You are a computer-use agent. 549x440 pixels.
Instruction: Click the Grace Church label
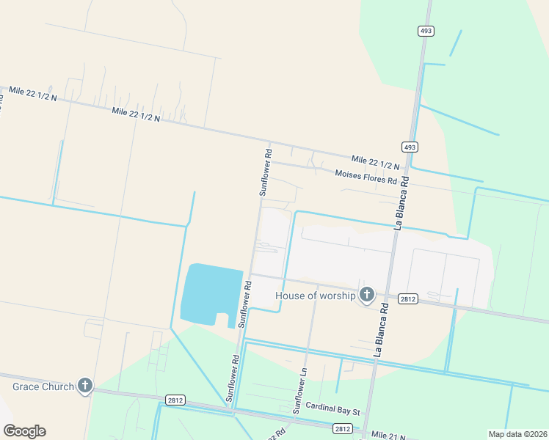43,386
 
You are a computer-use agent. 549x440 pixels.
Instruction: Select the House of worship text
316,296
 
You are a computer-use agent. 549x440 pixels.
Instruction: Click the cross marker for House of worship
367,296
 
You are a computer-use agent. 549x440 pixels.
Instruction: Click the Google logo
24,431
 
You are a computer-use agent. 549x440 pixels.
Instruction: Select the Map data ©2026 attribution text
517,434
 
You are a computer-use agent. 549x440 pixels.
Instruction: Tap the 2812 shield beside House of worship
408,298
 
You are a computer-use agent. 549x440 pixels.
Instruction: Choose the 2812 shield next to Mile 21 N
342,428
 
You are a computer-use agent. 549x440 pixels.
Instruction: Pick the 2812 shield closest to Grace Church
175,400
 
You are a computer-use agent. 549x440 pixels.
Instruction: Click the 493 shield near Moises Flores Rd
410,147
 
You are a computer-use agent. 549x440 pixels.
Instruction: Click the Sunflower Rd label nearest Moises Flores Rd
266,173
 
